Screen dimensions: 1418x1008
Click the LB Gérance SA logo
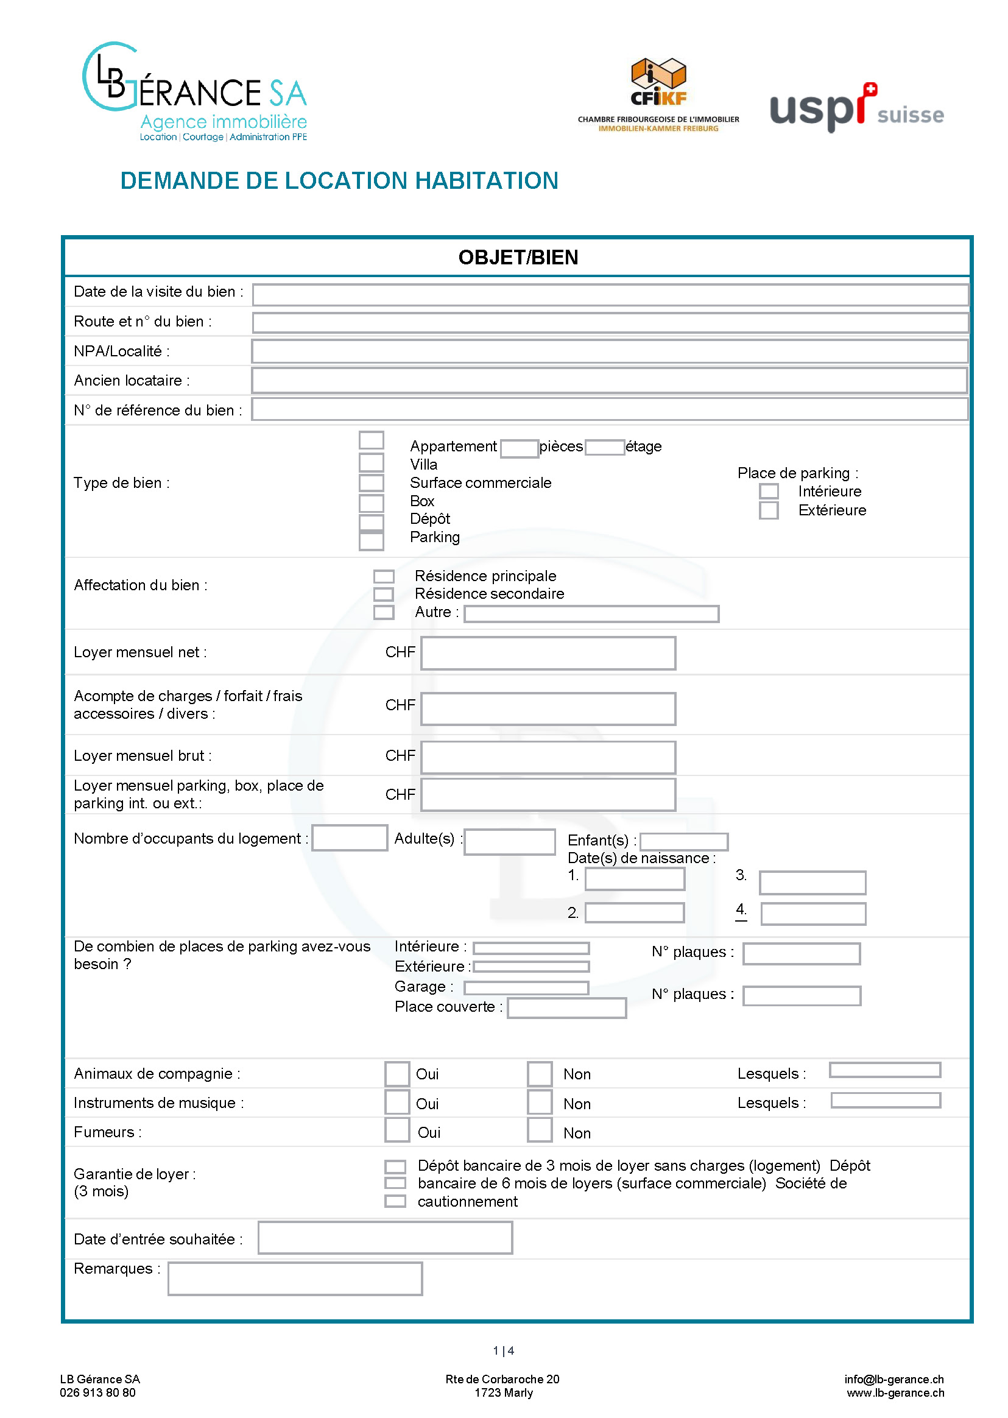pyautogui.click(x=194, y=91)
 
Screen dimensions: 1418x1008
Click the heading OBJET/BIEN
pyautogui.click(x=518, y=257)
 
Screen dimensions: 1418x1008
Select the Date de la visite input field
pyautogui.click(x=610, y=294)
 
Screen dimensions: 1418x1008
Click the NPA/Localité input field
pyautogui.click(x=610, y=351)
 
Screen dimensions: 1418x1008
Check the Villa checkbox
pyautogui.click(x=371, y=462)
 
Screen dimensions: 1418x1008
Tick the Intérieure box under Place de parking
pyautogui.click(x=769, y=491)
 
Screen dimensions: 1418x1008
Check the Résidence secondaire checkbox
pyautogui.click(x=384, y=594)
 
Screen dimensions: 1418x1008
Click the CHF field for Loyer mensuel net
pyautogui.click(x=548, y=653)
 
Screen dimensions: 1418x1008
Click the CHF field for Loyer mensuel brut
pyautogui.click(x=548, y=757)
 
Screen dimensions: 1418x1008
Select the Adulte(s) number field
pyautogui.click(x=509, y=842)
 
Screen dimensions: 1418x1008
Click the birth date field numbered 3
pyautogui.click(x=812, y=882)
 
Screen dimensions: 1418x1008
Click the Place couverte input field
pyautogui.click(x=566, y=1008)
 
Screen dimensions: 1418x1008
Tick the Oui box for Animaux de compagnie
pyautogui.click(x=397, y=1073)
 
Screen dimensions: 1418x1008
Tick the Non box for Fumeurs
pyautogui.click(x=540, y=1129)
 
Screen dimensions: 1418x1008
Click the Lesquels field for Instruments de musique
pyautogui.click(x=885, y=1100)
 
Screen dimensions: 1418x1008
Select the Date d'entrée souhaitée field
pyautogui.click(x=385, y=1237)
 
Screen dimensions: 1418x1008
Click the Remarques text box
pyautogui.click(x=295, y=1278)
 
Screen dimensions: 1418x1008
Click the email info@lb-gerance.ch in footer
pyautogui.click(x=893, y=1378)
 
